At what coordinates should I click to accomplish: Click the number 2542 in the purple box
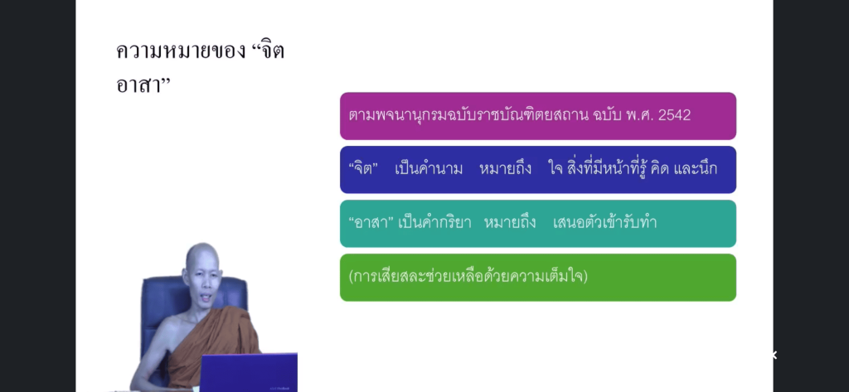coord(674,115)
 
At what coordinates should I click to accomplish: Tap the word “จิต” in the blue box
coord(363,169)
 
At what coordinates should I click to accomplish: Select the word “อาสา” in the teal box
coord(371,223)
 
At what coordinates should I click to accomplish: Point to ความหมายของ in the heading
coord(181,51)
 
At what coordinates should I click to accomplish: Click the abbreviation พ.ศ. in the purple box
coord(638,115)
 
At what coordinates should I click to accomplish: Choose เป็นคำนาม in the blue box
coord(429,169)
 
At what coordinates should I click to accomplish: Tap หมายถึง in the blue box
coord(505,169)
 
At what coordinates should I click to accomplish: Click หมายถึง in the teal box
coord(510,223)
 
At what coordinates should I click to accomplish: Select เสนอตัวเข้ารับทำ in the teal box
coord(604,223)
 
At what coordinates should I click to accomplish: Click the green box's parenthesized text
coord(468,276)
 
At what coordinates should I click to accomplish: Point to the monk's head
coord(202,268)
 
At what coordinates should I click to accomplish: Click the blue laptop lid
coord(249,372)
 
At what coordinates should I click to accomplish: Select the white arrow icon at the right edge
coord(774,356)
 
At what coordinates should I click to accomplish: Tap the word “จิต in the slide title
coord(268,51)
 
